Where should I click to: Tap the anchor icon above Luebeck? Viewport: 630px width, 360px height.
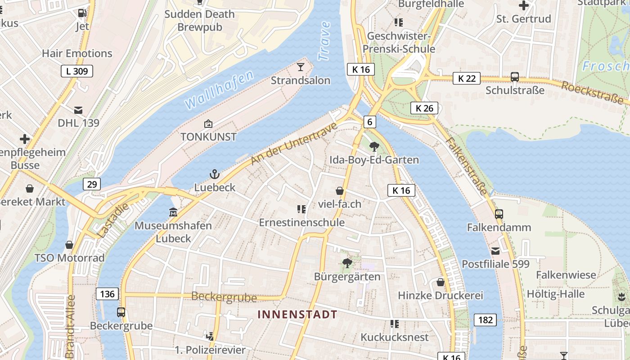[x=215, y=174]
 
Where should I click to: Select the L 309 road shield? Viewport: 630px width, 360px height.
[x=77, y=71]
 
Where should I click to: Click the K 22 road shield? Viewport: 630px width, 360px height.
[x=467, y=78]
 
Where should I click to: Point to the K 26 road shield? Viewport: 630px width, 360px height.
[x=424, y=108]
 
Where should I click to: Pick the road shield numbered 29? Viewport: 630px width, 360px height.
[x=92, y=184]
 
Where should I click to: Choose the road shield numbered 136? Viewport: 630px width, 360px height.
[x=107, y=294]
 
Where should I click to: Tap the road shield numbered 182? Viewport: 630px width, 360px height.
[x=485, y=320]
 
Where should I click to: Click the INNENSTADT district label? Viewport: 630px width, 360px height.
[x=297, y=314]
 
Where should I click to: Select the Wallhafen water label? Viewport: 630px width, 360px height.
[x=219, y=90]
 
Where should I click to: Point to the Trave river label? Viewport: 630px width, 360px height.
[x=324, y=40]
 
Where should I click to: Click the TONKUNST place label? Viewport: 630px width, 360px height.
[x=208, y=137]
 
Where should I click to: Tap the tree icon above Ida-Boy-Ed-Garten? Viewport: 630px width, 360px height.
[x=373, y=146]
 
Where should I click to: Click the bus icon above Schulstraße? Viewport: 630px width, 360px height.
[x=515, y=77]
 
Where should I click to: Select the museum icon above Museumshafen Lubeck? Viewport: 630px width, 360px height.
[x=173, y=211]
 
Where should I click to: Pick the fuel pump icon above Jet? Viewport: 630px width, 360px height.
[x=82, y=13]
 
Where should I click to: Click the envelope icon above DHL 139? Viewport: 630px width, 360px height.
[x=78, y=110]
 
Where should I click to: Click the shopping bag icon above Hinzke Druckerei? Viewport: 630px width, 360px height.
[x=441, y=282]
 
